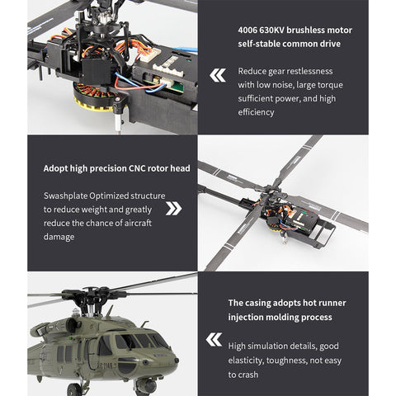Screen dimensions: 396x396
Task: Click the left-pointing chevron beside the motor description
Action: coord(218,76)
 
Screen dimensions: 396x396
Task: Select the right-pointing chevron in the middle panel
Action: coord(173,208)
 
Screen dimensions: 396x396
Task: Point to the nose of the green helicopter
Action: coord(171,360)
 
